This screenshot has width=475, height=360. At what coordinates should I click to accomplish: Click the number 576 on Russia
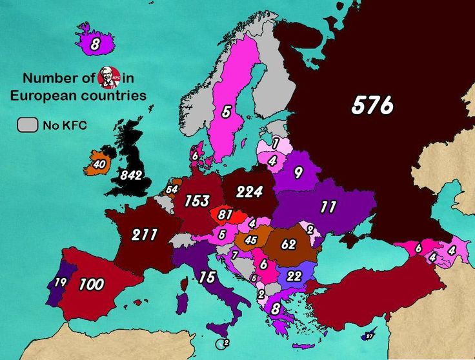(372, 105)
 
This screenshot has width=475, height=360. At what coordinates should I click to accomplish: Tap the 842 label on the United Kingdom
(131, 175)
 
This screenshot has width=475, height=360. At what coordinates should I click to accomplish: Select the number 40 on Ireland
(99, 165)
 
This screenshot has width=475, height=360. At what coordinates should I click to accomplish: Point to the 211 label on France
(145, 234)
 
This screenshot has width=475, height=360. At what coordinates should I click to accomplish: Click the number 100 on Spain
(91, 284)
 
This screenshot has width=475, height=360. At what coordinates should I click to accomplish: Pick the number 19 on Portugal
(60, 282)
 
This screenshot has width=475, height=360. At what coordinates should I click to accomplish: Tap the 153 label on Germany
(197, 201)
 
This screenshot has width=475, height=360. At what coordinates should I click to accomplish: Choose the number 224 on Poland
(249, 192)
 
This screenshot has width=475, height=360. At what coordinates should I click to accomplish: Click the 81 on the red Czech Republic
(225, 214)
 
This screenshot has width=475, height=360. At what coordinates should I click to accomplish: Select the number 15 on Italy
(207, 277)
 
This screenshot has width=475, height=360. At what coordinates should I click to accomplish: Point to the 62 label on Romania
(288, 245)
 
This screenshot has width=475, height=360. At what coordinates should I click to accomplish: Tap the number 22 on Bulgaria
(294, 275)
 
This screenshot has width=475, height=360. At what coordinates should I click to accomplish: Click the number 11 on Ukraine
(328, 207)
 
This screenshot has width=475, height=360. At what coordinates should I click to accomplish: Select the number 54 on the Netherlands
(171, 189)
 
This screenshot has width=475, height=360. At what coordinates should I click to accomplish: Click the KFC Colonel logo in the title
(108, 78)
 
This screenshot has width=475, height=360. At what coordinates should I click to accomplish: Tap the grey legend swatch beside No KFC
(27, 125)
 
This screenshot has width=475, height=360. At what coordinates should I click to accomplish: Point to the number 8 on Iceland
(95, 45)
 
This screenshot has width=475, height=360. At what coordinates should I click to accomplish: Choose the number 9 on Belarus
(298, 172)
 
